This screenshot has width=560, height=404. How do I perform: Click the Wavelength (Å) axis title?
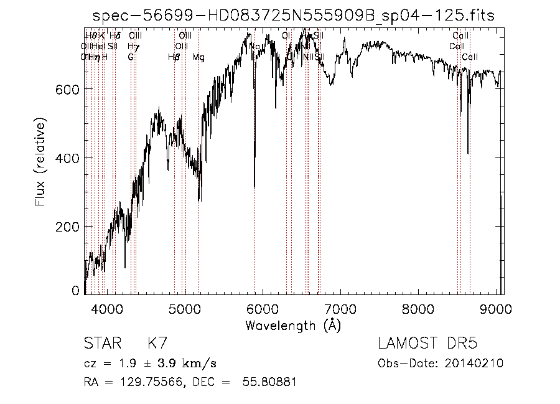click(293, 325)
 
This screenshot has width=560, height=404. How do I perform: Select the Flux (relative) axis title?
click(42, 164)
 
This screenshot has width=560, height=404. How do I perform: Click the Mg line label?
click(198, 57)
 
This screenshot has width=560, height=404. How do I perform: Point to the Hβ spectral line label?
click(174, 57)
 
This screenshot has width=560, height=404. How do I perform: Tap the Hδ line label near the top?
click(114, 36)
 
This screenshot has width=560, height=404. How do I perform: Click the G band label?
click(131, 57)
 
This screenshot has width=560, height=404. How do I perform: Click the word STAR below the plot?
click(101, 344)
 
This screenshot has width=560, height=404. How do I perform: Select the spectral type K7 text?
click(156, 344)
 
